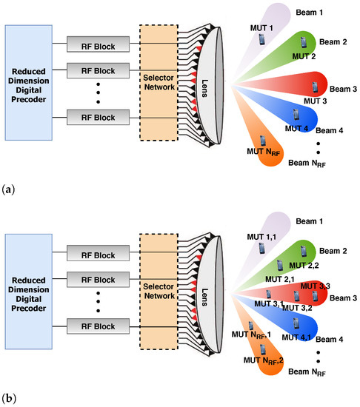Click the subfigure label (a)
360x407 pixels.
(8, 190)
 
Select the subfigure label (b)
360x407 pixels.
(8, 398)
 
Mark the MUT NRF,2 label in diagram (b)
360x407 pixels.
(261, 360)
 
